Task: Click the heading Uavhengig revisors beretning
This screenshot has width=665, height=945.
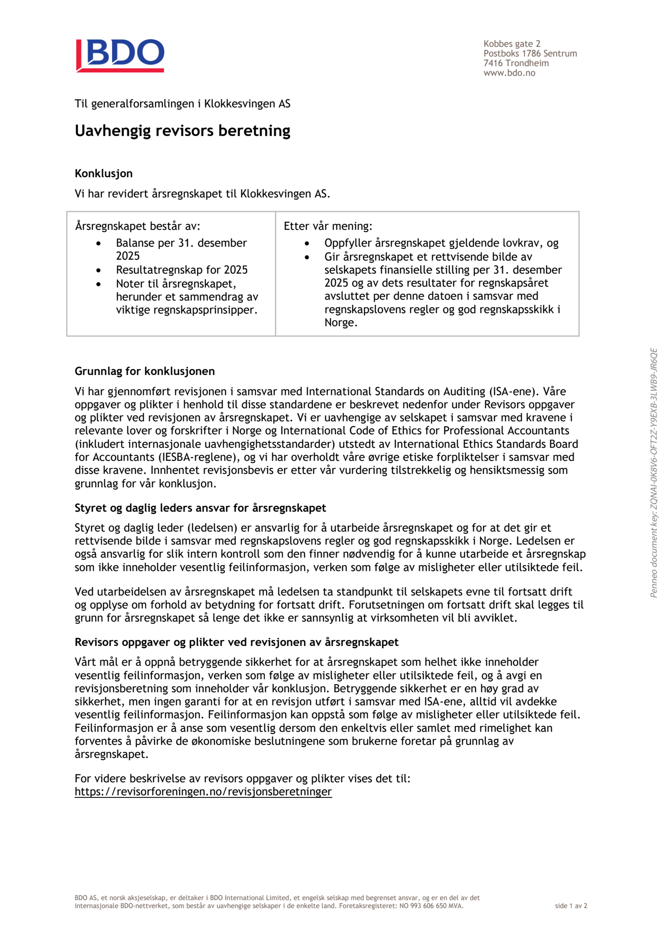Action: tap(182, 131)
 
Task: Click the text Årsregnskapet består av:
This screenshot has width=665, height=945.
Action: tap(138, 226)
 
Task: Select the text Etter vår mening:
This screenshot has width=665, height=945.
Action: tap(328, 226)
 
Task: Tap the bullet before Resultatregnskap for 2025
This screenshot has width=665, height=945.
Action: tap(99, 270)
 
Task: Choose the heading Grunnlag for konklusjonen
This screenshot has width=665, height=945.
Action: tap(144, 371)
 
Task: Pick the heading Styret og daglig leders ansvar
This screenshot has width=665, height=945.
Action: tap(200, 508)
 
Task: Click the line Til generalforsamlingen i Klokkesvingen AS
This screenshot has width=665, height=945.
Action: tap(182, 104)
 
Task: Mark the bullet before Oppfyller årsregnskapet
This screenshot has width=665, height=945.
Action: tap(307, 244)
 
